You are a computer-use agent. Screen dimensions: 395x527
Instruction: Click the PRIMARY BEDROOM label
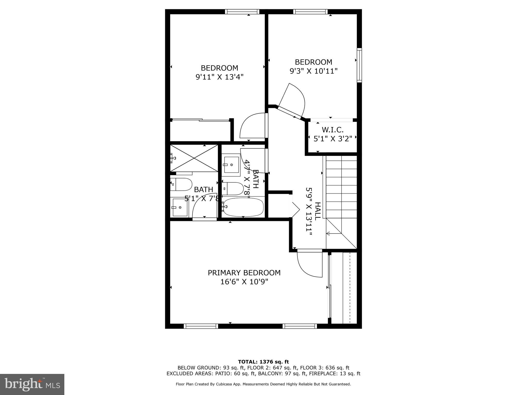tap(244, 273)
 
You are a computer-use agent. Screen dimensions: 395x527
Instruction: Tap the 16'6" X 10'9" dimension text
tap(244, 282)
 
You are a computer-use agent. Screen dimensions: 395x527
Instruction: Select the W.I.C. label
tap(332, 130)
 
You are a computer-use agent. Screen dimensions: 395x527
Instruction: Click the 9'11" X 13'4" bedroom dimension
tap(219, 77)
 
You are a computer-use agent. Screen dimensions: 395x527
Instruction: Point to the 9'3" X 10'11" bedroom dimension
tap(313, 71)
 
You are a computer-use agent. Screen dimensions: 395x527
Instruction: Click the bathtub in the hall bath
tap(243, 207)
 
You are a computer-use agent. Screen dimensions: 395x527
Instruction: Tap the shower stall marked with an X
tap(194, 158)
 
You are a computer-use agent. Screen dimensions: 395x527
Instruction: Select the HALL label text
tap(318, 211)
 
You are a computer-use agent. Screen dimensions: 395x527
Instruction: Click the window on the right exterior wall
tap(359, 65)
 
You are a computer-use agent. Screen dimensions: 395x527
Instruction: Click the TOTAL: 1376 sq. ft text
tap(263, 362)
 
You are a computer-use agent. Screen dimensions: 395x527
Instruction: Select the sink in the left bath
tap(179, 207)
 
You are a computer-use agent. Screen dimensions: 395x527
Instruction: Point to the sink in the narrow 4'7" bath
tap(231, 165)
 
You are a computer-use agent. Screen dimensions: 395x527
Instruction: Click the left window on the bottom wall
tap(201, 326)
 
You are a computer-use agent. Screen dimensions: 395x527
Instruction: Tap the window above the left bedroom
tap(242, 12)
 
